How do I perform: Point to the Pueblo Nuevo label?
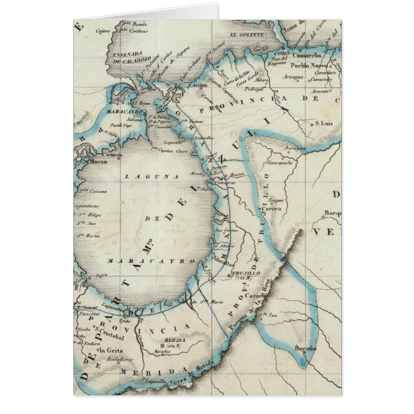307,66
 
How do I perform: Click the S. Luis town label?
323,123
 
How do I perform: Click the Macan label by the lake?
87,163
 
